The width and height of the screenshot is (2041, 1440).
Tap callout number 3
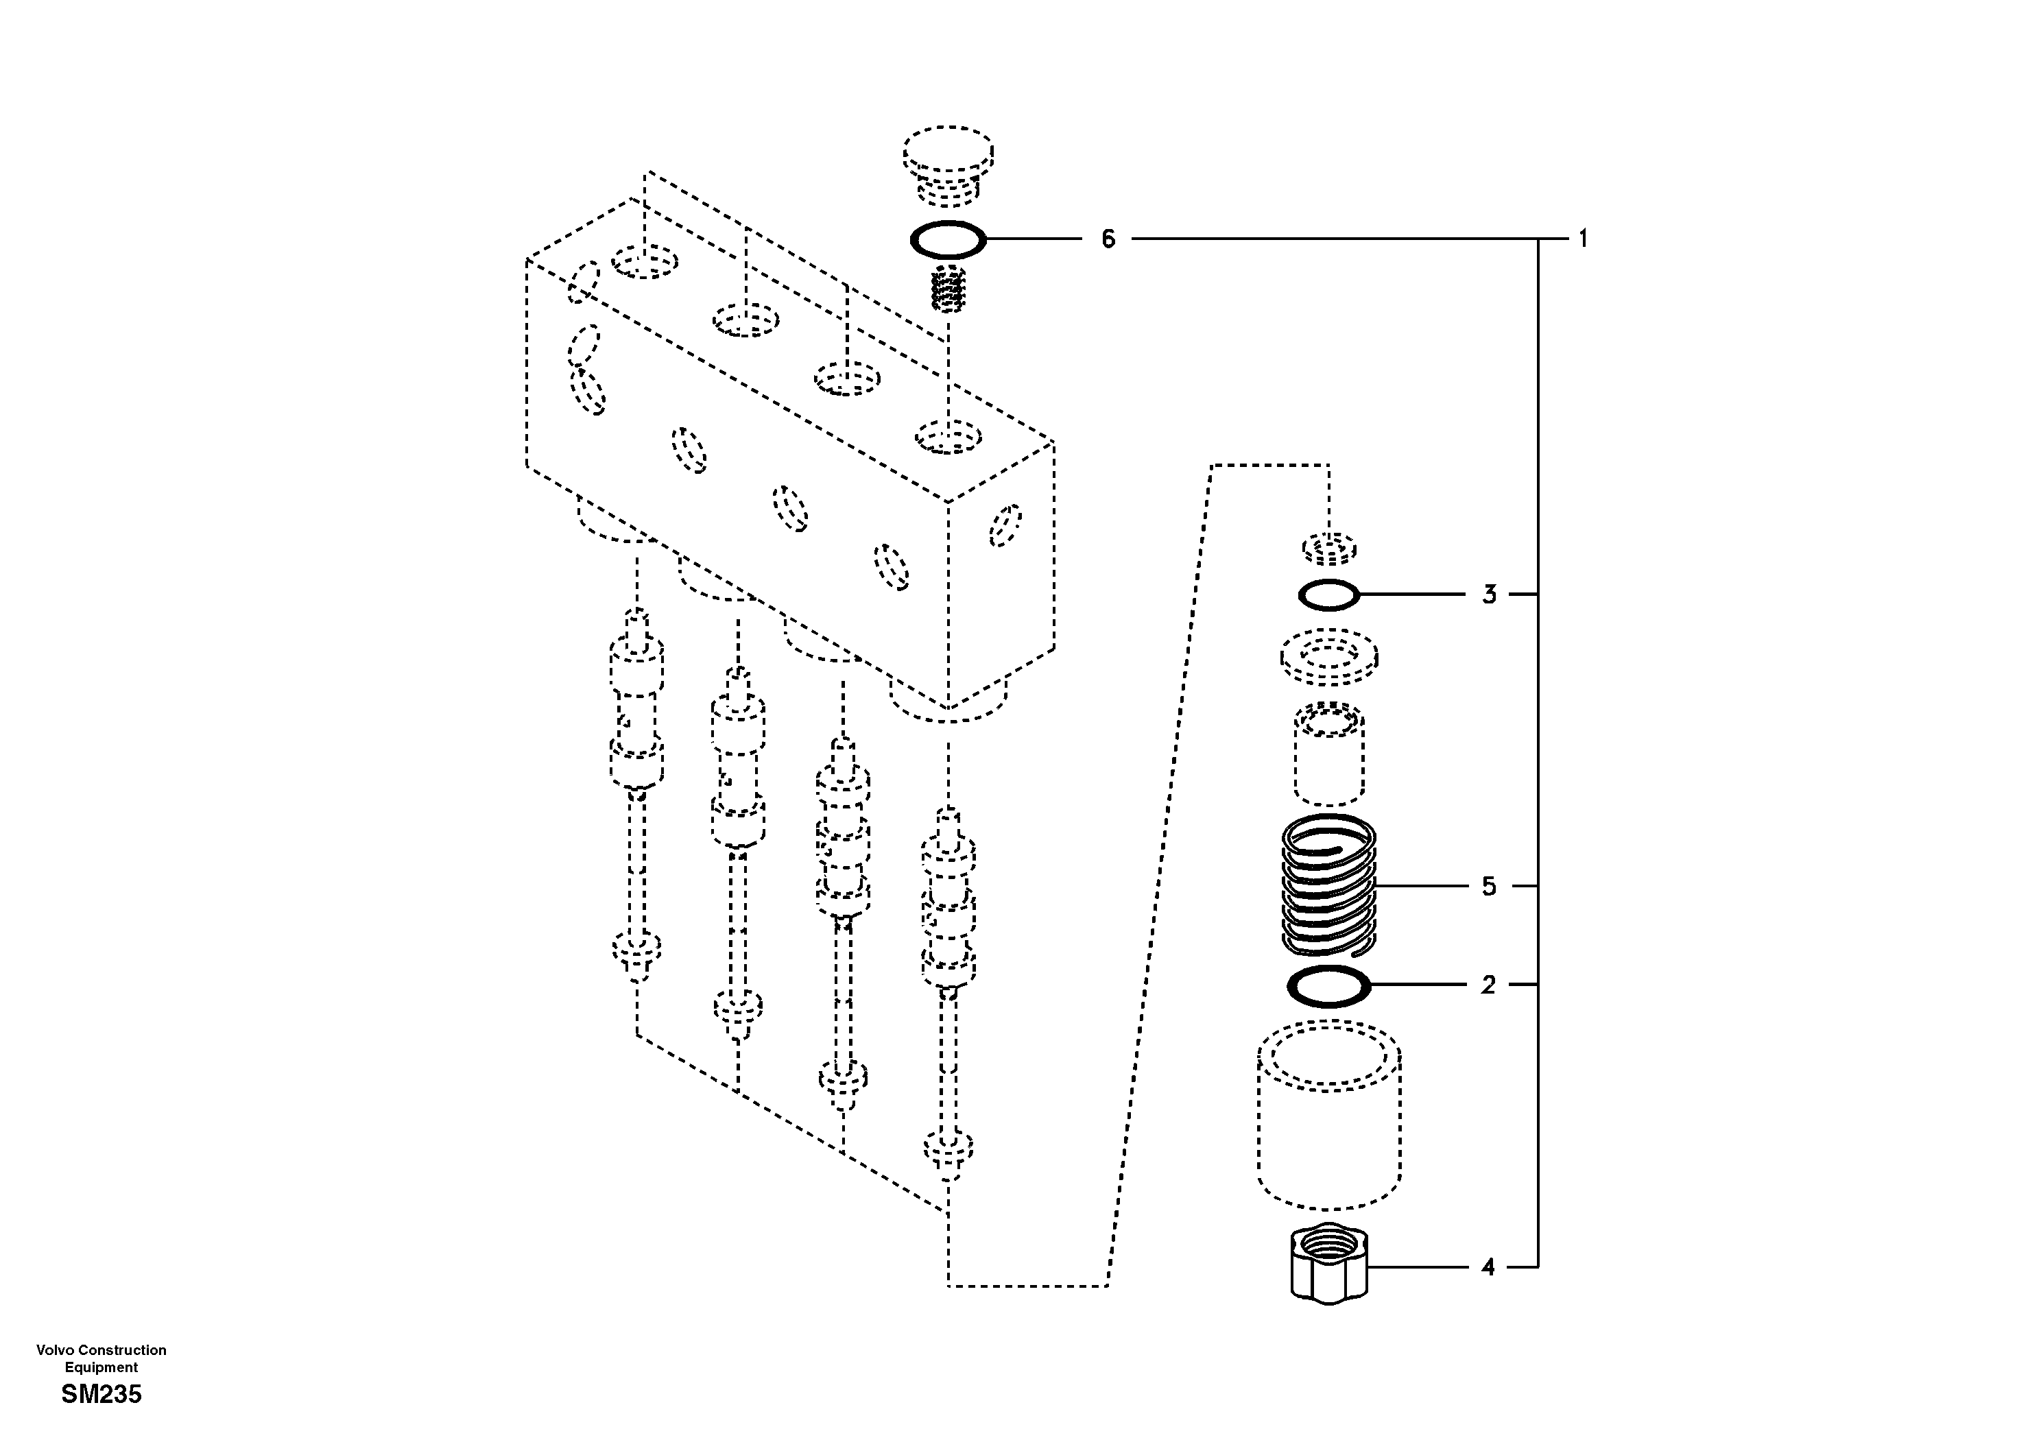pyautogui.click(x=1489, y=594)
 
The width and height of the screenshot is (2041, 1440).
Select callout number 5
pyautogui.click(x=1489, y=886)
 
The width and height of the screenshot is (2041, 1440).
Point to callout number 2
pyautogui.click(x=1488, y=985)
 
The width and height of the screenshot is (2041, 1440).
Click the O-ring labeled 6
pyautogui.click(x=948, y=239)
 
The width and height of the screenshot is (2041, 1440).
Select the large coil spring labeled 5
pyautogui.click(x=1329, y=886)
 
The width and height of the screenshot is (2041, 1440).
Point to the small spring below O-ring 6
pyautogui.click(x=948, y=289)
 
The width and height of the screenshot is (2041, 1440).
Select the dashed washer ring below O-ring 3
pyautogui.click(x=1329, y=658)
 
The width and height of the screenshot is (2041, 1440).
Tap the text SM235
pyautogui.click(x=102, y=1395)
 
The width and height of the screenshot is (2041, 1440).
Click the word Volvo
pyautogui.click(x=52, y=1349)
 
